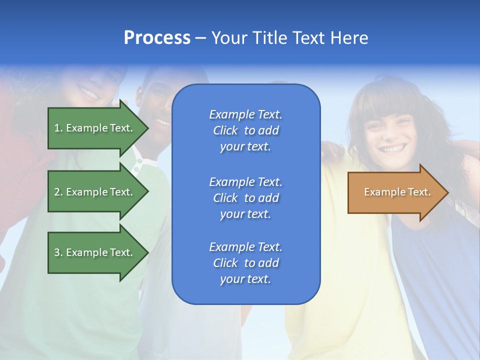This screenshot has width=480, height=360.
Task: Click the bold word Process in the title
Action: coord(157,38)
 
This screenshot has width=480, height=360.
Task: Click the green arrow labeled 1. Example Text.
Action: coord(95,128)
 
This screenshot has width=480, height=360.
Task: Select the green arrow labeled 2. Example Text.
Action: coord(95,192)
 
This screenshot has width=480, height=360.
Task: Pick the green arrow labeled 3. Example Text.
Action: coord(95,252)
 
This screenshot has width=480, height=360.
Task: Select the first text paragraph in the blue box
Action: coord(245,130)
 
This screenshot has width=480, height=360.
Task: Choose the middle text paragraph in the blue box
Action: coord(245,198)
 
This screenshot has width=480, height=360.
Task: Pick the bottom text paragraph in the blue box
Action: coord(245,263)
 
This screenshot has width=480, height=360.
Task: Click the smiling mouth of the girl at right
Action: coord(393,148)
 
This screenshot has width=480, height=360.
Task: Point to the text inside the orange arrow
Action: coord(397,192)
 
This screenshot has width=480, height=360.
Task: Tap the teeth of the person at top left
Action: coord(89,92)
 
